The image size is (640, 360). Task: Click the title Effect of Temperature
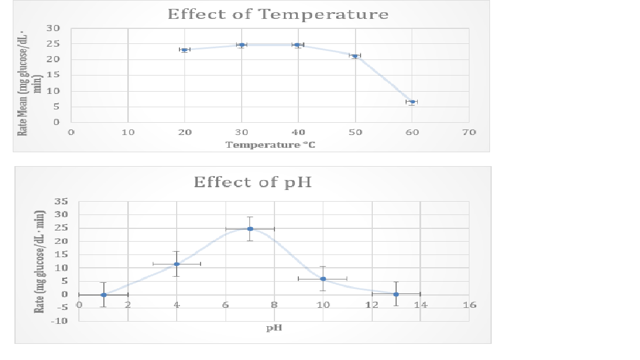[278, 14]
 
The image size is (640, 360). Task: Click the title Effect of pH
[252, 182]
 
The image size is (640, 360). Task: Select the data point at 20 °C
[184, 50]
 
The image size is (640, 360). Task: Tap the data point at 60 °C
[412, 102]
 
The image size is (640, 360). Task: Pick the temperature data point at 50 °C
[355, 56]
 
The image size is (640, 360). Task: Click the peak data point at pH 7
[250, 229]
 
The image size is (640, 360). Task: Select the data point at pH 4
[177, 264]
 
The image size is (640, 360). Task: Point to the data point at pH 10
[323, 279]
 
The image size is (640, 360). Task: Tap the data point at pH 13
[396, 294]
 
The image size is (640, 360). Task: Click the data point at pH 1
[103, 294]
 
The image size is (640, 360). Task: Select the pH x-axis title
[274, 328]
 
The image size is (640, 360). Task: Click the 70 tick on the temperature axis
[469, 133]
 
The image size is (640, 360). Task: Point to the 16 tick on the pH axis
[469, 305]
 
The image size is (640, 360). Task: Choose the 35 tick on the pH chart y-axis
[61, 202]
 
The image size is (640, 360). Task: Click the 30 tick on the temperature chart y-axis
[53, 28]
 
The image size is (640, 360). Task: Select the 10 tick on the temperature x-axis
[128, 133]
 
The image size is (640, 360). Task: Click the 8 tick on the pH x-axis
[274, 305]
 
